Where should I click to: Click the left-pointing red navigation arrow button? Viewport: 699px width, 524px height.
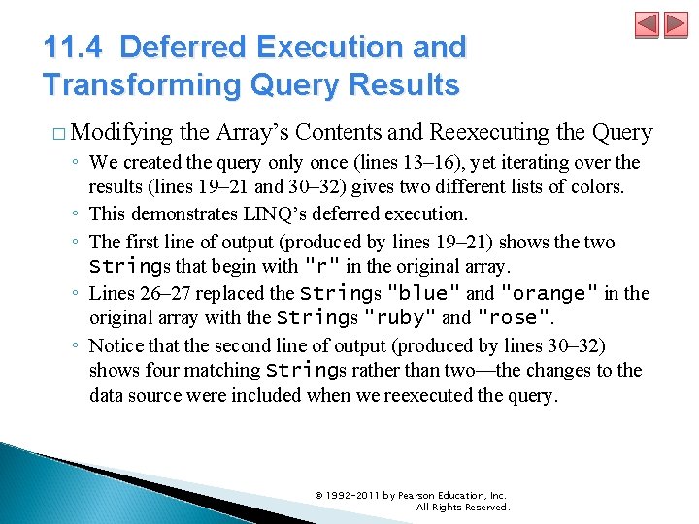[x=647, y=24]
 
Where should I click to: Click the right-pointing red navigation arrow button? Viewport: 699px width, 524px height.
[x=674, y=24]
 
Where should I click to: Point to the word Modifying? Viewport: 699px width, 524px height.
[x=120, y=132]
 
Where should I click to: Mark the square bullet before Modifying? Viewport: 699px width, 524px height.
[x=59, y=133]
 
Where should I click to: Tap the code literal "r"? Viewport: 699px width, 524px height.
[x=322, y=267]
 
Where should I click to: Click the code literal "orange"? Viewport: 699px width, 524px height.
[x=550, y=293]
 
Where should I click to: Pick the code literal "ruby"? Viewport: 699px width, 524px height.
[x=400, y=317]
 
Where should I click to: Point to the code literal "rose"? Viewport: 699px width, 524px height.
[x=514, y=317]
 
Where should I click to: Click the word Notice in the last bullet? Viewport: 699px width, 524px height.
[x=115, y=345]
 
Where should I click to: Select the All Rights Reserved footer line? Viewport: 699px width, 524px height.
[x=462, y=507]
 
